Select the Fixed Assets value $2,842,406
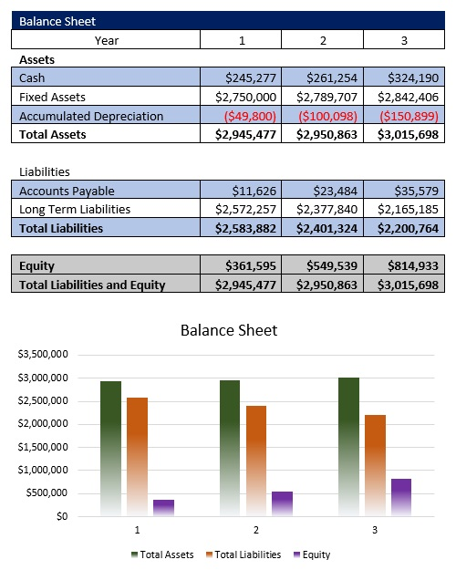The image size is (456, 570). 402,97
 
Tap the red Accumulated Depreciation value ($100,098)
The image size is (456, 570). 323,116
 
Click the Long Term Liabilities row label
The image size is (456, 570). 75,209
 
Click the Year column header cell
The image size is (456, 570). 106,39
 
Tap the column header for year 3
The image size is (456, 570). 404,39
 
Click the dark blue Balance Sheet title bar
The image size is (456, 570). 228,20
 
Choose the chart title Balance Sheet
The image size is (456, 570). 228,329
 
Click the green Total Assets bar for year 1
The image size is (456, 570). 110,447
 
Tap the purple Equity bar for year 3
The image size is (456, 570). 401,497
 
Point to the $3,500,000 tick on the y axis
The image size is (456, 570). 41,354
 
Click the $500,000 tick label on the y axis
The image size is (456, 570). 44,493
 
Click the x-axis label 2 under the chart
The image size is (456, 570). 255,530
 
